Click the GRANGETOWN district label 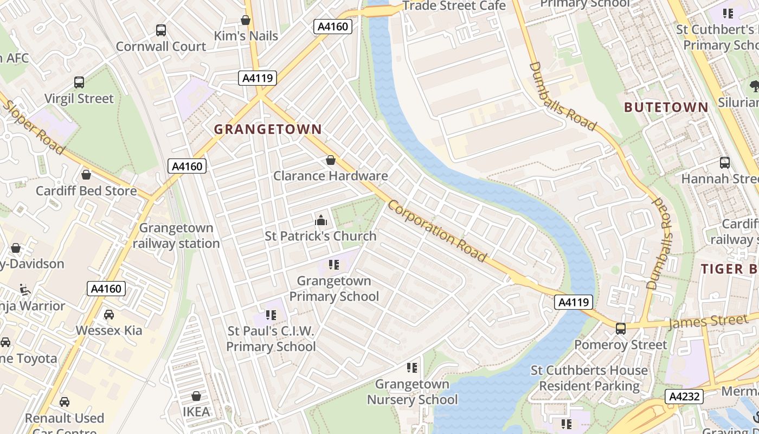tap(268, 130)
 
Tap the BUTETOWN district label tap(666, 107)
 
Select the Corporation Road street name tap(437, 231)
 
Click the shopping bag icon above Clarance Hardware tap(330, 161)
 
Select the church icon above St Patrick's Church tap(320, 221)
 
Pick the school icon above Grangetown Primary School tap(333, 265)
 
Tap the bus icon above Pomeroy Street tap(620, 329)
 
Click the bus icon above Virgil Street tap(79, 83)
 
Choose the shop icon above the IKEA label tap(196, 397)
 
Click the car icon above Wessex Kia tap(108, 315)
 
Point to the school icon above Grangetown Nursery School tap(412, 368)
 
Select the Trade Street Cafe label tap(454, 6)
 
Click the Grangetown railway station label tap(176, 236)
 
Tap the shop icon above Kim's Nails tap(246, 21)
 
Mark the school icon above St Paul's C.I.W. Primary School tap(271, 315)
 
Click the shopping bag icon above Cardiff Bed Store tap(86, 175)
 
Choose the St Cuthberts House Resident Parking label tap(589, 378)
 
